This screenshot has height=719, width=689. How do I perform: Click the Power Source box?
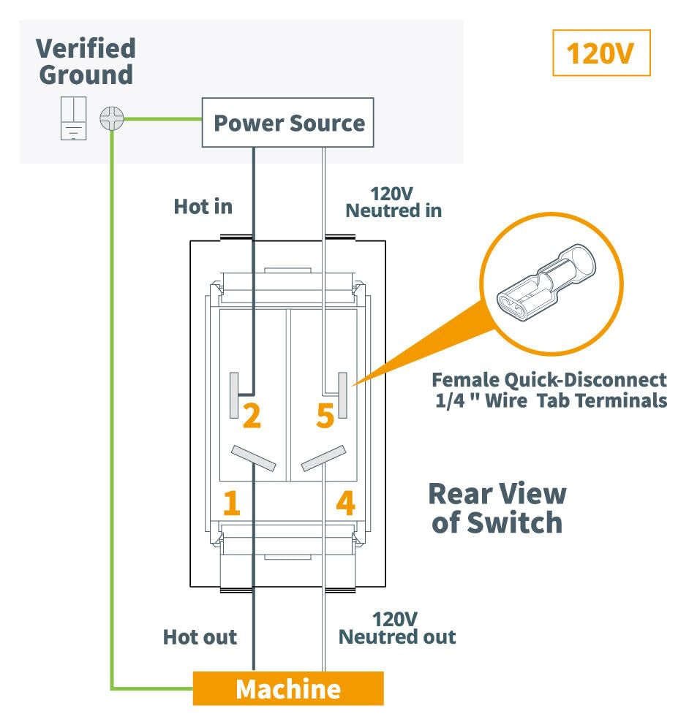pos(288,123)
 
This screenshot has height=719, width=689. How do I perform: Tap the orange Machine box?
pos(288,688)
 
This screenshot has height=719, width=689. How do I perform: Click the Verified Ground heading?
pos(86,61)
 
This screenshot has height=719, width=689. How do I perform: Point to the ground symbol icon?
pos(73,118)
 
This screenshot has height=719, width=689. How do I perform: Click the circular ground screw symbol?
pos(113,118)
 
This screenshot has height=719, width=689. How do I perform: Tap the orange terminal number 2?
pos(252,416)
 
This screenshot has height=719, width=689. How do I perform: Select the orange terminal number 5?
pos(325,416)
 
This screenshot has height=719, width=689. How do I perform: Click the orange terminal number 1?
pos(231,503)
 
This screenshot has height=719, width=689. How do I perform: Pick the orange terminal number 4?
pos(345,503)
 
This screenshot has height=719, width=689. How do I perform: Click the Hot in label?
pos(203,206)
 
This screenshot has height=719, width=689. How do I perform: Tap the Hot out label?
pos(200,637)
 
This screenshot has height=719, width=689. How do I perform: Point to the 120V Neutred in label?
pos(394,202)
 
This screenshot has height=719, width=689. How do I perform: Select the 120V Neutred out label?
pos(397,628)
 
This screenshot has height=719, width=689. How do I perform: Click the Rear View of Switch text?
pos(497,508)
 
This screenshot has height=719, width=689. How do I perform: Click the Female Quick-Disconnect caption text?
pos(549,390)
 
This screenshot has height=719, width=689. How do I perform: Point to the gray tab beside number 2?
pos(234,395)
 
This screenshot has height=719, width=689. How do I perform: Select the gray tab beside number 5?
pos(342,395)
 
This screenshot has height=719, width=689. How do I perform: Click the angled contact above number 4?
pos(323,458)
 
